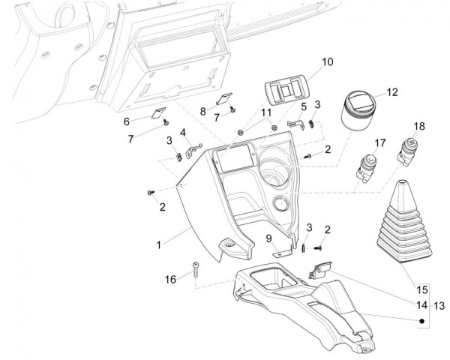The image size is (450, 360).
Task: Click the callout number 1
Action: (158, 245)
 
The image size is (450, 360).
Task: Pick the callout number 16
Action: (170, 278)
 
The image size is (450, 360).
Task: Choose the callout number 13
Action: (440, 305)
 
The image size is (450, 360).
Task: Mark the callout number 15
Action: (422, 289)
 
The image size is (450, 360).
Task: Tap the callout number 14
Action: (422, 305)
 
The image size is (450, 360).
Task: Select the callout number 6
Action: (148, 121)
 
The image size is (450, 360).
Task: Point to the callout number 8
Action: (202, 111)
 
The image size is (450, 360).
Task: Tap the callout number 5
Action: (304, 106)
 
